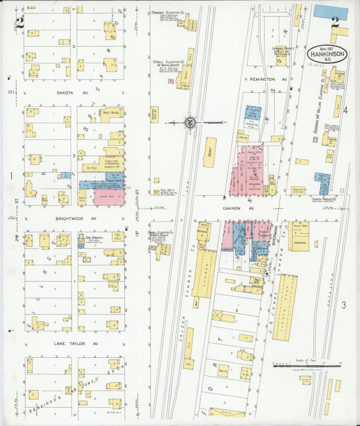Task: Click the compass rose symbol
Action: pyautogui.click(x=190, y=122)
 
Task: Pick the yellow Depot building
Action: pyautogui.click(x=210, y=152)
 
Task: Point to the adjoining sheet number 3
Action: pyautogui.click(x=343, y=306)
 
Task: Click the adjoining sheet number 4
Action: pyautogui.click(x=344, y=109)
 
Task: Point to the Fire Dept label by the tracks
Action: pyautogui.click(x=159, y=191)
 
